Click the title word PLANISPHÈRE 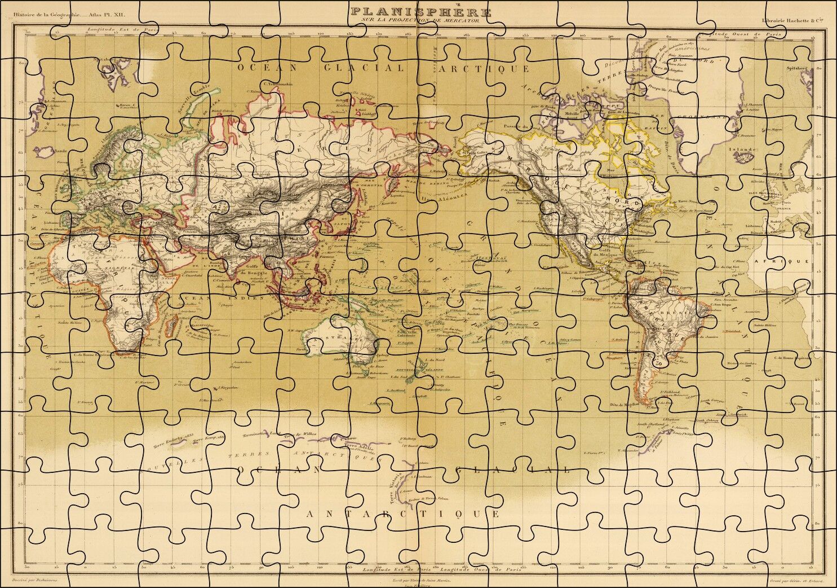click(x=420, y=11)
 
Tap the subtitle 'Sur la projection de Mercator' click(x=420, y=21)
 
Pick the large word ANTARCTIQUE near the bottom click(x=402, y=514)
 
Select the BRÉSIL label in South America click(x=675, y=312)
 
